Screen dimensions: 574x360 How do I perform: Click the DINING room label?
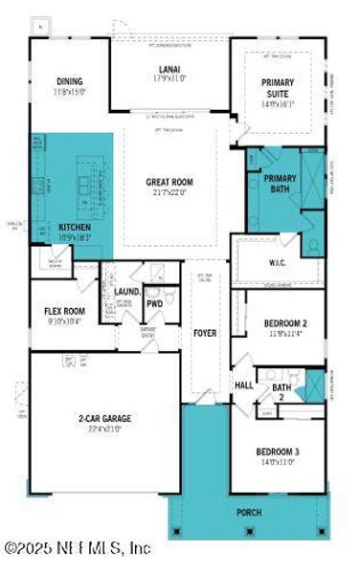click(70, 81)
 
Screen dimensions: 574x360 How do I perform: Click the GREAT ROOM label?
click(170, 182)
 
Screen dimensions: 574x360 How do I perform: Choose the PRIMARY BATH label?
click(281, 183)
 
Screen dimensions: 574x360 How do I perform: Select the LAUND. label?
click(127, 292)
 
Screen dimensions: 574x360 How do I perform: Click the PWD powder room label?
click(153, 304)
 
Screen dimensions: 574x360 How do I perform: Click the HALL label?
click(243, 386)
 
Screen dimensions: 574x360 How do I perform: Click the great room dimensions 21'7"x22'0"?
click(170, 192)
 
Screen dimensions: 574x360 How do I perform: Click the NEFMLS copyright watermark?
click(77, 549)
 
